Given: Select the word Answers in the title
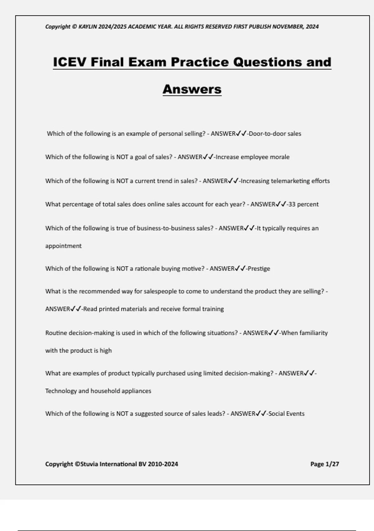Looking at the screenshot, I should pyautogui.click(x=192, y=89).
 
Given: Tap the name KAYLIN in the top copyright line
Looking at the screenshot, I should pyautogui.click(x=88, y=27).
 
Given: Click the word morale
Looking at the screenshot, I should pyautogui.click(x=280, y=157).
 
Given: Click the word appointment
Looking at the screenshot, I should pyautogui.click(x=63, y=246).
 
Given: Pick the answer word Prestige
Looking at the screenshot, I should pyautogui.click(x=258, y=269).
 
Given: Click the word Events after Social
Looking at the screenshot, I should pyautogui.click(x=295, y=414).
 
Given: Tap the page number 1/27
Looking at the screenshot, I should pyautogui.click(x=332, y=464).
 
